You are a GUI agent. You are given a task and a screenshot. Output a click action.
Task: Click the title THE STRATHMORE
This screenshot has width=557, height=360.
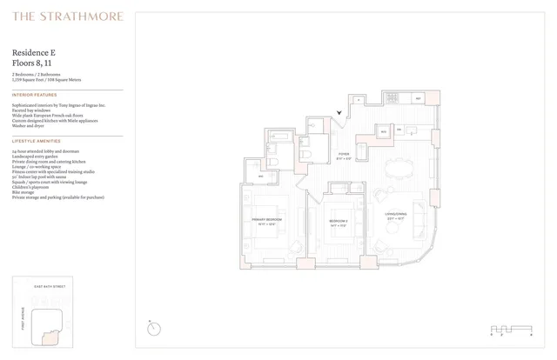click(x=68, y=16)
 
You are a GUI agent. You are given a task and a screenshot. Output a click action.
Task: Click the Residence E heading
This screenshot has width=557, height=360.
click(x=35, y=52)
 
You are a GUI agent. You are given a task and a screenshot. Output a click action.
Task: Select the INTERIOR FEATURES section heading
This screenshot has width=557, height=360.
click(x=35, y=95)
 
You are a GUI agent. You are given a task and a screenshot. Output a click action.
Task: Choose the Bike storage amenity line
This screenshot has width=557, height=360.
click(x=25, y=193)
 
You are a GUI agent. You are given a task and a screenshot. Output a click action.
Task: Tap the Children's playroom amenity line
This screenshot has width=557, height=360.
click(x=30, y=188)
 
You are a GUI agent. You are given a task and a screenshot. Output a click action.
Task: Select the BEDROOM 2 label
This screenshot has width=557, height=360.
click(x=339, y=222)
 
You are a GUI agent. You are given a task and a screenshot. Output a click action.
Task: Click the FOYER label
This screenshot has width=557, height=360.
click(x=344, y=155)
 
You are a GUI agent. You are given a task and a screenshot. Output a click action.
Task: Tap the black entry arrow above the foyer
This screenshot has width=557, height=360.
click(x=340, y=112)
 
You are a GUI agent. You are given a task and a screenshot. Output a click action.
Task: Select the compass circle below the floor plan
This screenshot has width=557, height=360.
click(x=154, y=328)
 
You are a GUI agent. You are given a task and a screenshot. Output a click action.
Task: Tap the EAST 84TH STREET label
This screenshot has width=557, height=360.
click(x=49, y=285)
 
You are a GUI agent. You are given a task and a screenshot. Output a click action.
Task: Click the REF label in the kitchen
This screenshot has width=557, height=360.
click(x=419, y=99)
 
